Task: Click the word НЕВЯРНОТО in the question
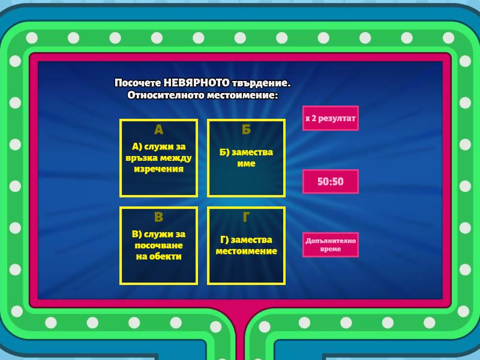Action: click(x=196, y=83)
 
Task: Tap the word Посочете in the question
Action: click(x=138, y=83)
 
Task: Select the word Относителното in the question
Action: click(x=166, y=95)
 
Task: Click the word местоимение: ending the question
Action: click(x=242, y=95)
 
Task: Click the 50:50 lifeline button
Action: click(x=331, y=181)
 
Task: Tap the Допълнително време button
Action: click(x=331, y=245)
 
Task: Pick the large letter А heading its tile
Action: click(x=158, y=130)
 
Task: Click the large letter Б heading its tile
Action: click(x=246, y=130)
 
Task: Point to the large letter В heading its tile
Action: click(x=158, y=217)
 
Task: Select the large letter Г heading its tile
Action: click(x=246, y=217)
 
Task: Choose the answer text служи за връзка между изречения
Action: click(x=158, y=158)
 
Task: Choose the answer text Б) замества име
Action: click(x=246, y=158)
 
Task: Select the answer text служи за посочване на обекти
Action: click(x=158, y=245)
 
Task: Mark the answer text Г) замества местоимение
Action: click(x=246, y=245)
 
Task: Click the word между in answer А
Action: click(x=176, y=158)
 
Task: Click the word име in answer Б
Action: click(x=246, y=163)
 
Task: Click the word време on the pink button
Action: click(x=331, y=249)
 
